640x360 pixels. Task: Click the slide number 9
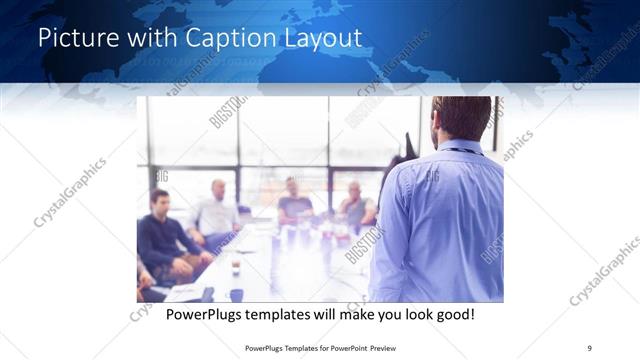point(589,347)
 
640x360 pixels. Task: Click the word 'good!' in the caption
point(454,314)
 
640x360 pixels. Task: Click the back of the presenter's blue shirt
point(440,220)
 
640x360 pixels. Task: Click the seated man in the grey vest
point(356,204)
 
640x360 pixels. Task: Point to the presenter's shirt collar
point(461,149)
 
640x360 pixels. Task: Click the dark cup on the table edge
point(236,294)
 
